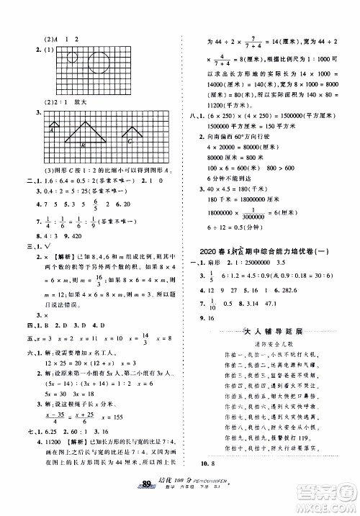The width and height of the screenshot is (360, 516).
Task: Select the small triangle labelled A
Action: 53,130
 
